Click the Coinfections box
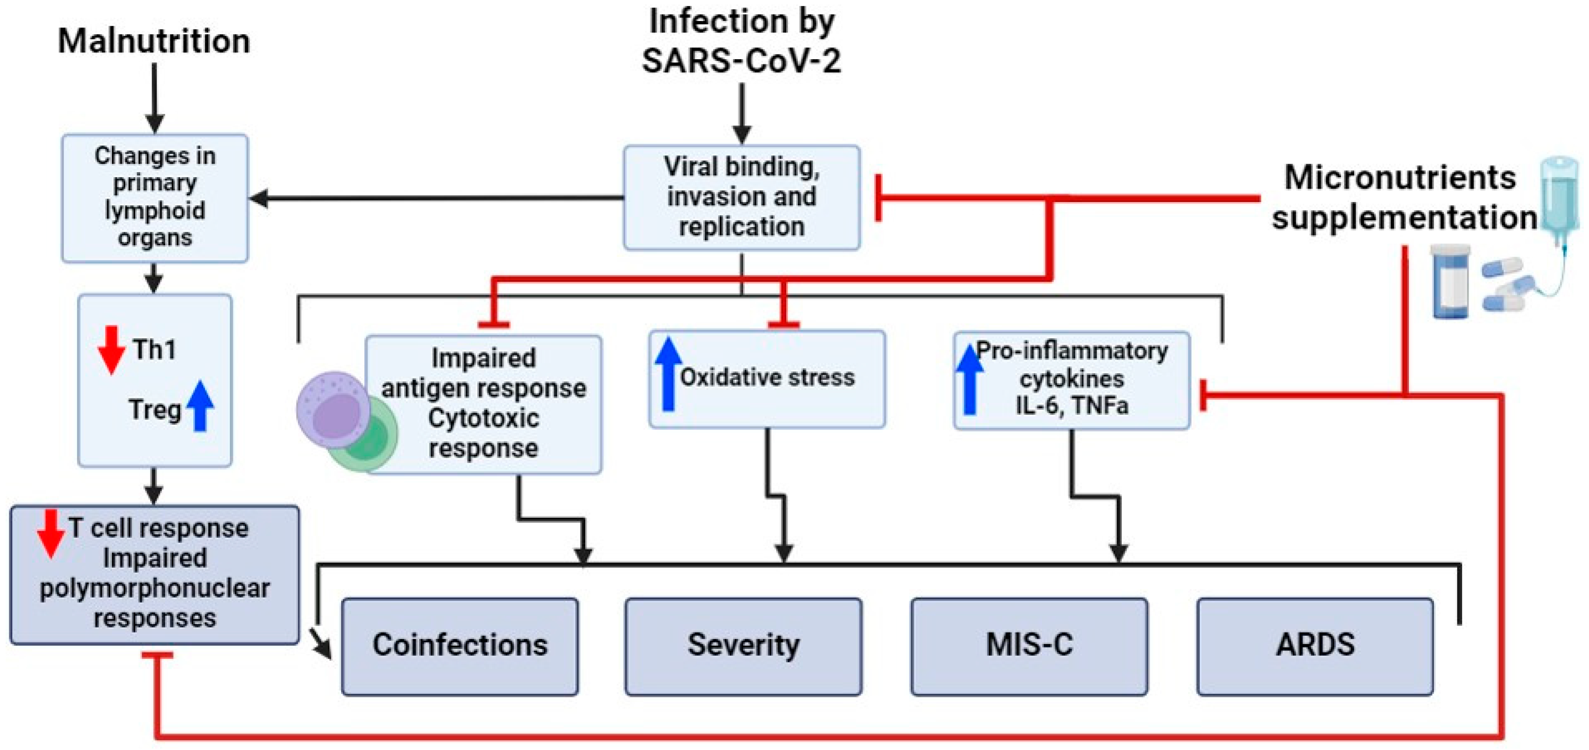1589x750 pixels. (x=460, y=645)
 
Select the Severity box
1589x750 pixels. (x=743, y=645)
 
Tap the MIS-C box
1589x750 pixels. (x=1029, y=645)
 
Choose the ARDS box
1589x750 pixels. (x=1315, y=645)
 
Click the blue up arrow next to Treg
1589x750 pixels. (x=200, y=406)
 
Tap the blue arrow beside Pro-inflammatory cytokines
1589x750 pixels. (x=969, y=379)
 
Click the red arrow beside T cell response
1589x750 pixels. (x=51, y=533)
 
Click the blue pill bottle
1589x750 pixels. (x=1450, y=281)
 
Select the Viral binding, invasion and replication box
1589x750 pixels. (x=742, y=197)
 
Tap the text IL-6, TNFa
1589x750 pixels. (x=1071, y=405)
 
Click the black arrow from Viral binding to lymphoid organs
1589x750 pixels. (x=432, y=198)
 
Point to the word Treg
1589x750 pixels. (x=155, y=409)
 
